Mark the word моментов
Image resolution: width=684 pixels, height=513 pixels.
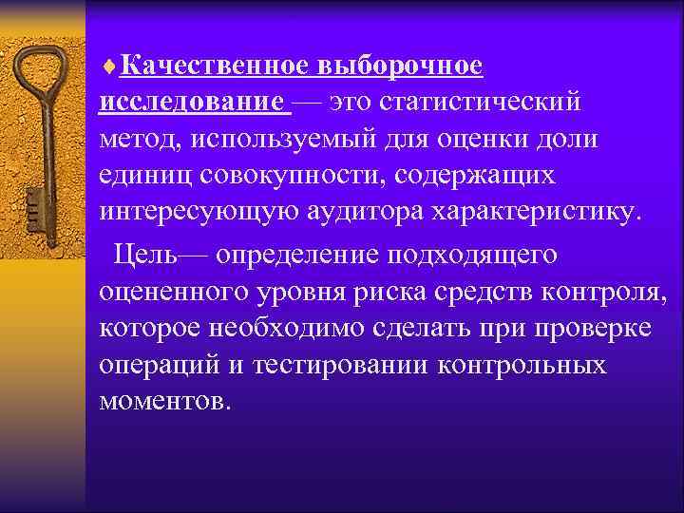coord(163,400)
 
